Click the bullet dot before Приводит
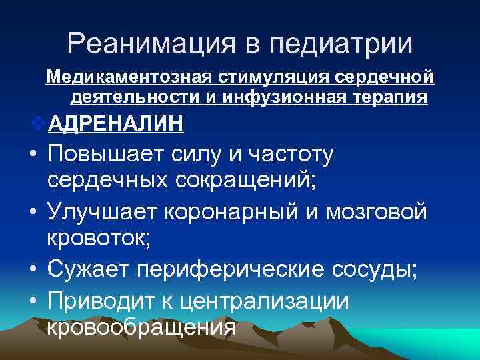tap(33, 300)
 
